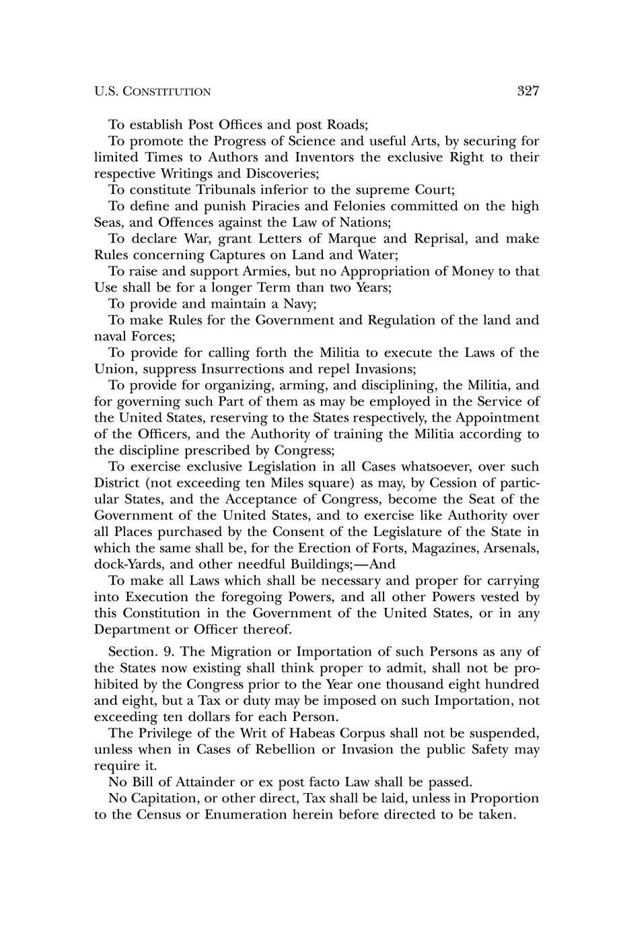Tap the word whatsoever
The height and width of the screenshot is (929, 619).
(398, 467)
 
